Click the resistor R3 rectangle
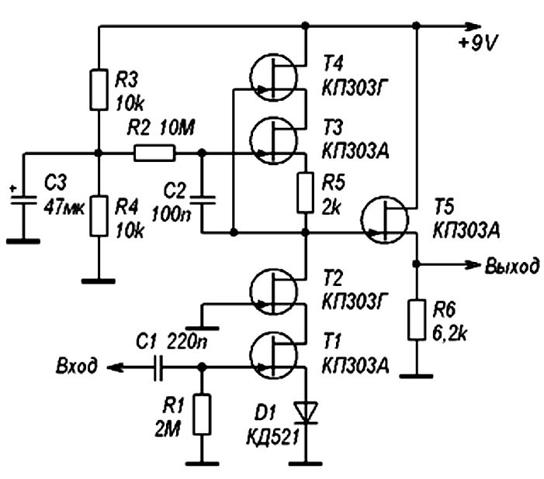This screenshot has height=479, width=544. (99, 90)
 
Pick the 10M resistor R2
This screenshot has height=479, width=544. (154, 153)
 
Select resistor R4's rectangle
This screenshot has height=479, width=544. (99, 216)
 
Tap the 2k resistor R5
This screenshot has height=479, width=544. (305, 192)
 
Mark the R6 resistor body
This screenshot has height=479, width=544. (417, 319)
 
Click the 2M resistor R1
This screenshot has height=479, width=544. (202, 414)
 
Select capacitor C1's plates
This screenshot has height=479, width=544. (158, 367)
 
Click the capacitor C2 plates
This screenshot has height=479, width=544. (203, 200)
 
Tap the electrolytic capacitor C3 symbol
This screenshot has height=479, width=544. (23, 199)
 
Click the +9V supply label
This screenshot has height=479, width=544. (478, 44)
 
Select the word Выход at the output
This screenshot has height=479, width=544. (512, 266)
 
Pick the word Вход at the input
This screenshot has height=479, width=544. (77, 366)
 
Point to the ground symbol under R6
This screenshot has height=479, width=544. (416, 376)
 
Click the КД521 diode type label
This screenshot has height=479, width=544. (272, 437)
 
